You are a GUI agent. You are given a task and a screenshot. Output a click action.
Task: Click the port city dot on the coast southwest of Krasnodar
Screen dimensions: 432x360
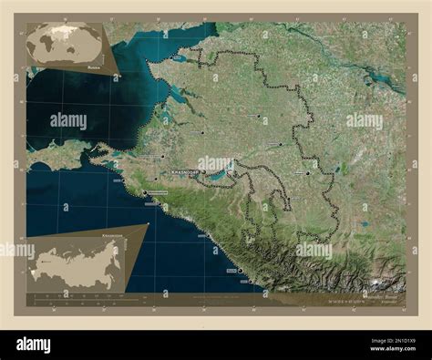(144, 193)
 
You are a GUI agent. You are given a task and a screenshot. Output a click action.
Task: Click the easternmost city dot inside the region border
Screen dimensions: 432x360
(308, 172)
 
